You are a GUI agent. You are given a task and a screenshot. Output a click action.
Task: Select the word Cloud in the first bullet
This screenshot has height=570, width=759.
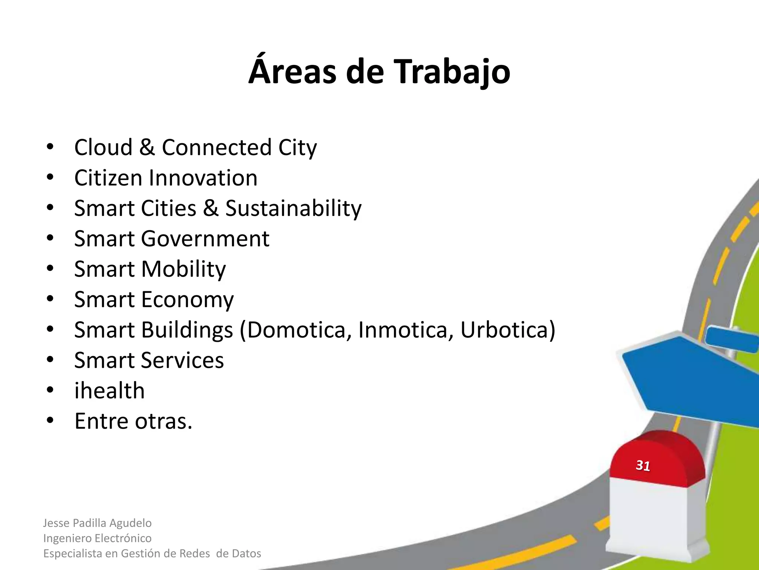tap(103, 147)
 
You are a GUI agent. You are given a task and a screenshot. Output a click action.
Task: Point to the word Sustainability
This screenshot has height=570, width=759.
tap(293, 208)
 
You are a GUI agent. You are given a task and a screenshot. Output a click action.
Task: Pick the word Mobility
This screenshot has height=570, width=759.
tap(183, 269)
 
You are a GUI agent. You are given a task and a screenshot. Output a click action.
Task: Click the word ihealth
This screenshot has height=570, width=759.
tap(109, 391)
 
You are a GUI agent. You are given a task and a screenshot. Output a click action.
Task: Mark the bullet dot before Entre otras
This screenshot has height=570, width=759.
tap(50, 421)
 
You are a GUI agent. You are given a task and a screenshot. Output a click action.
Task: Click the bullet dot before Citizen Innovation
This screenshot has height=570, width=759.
tap(50, 177)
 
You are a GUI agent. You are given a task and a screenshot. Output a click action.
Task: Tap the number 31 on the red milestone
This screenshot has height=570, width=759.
tap(643, 465)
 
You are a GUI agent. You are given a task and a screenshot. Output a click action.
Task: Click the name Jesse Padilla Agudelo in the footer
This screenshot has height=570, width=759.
tap(97, 523)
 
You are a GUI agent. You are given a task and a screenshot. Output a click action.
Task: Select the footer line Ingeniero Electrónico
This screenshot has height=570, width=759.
tap(97, 538)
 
